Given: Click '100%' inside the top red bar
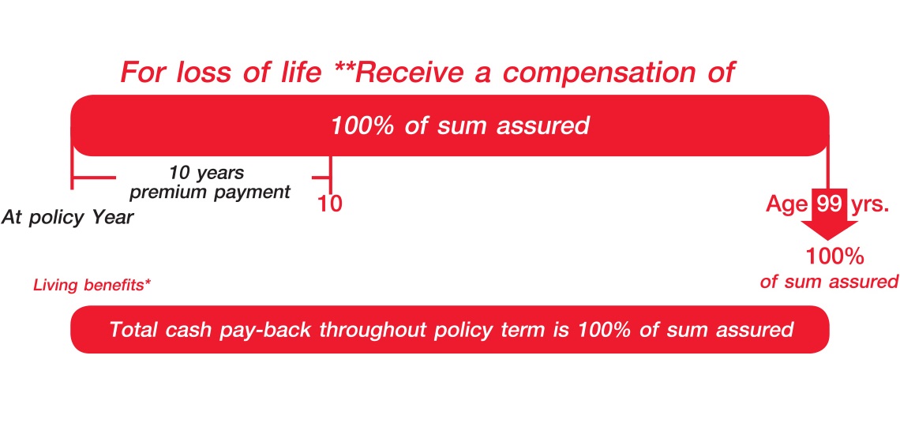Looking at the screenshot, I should pyautogui.click(x=365, y=125).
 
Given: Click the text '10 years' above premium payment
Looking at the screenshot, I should pyautogui.click(x=207, y=173).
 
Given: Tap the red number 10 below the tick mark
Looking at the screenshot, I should pyautogui.click(x=329, y=204).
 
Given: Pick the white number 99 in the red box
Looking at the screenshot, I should pyautogui.click(x=828, y=204).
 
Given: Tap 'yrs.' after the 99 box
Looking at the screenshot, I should pyautogui.click(x=868, y=204).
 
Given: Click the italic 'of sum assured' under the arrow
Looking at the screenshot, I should pyautogui.click(x=829, y=282).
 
